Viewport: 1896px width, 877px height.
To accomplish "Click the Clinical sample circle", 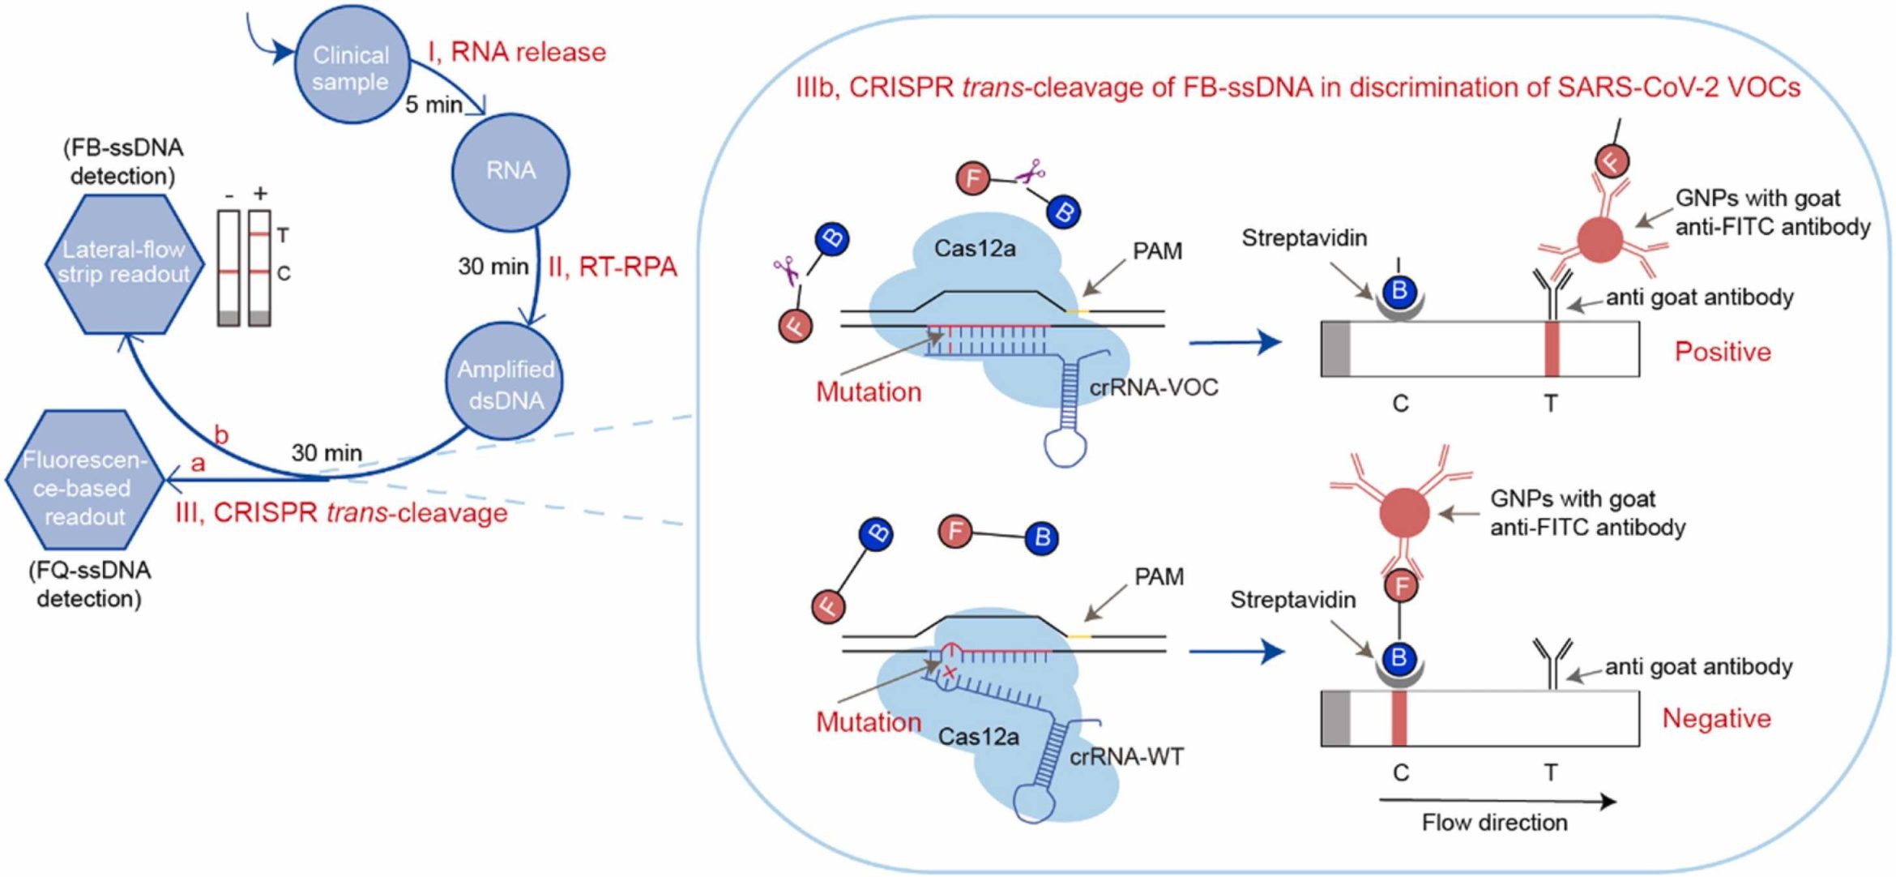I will point(350,67).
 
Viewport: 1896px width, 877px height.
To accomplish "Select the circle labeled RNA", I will point(510,171).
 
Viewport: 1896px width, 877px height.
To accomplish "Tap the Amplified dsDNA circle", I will point(506,383).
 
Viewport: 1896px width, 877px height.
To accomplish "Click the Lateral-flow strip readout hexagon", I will point(123,263).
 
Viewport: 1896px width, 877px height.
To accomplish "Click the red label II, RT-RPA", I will point(612,267).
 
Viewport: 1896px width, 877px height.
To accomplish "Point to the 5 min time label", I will point(433,105).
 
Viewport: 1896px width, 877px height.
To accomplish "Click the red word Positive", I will point(1722,352).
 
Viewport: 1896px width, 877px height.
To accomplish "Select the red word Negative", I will point(1716,718).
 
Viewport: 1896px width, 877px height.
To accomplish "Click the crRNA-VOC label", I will point(1153,387).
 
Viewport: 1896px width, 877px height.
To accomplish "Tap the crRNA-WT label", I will point(1126,757).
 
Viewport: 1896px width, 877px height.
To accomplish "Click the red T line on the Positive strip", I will point(1551,349).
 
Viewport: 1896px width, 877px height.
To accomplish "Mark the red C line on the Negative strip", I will point(1399,718).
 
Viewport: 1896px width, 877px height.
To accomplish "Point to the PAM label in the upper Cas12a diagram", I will point(1157,251).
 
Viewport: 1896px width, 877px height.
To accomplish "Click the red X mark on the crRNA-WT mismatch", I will point(949,672).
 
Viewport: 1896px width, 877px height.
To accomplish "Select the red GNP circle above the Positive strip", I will point(1600,240).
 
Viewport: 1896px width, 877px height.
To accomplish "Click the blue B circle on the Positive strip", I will point(1399,292).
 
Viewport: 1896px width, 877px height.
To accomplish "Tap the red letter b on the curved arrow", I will point(220,435).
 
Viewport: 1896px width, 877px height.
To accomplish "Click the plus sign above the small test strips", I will point(260,193).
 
